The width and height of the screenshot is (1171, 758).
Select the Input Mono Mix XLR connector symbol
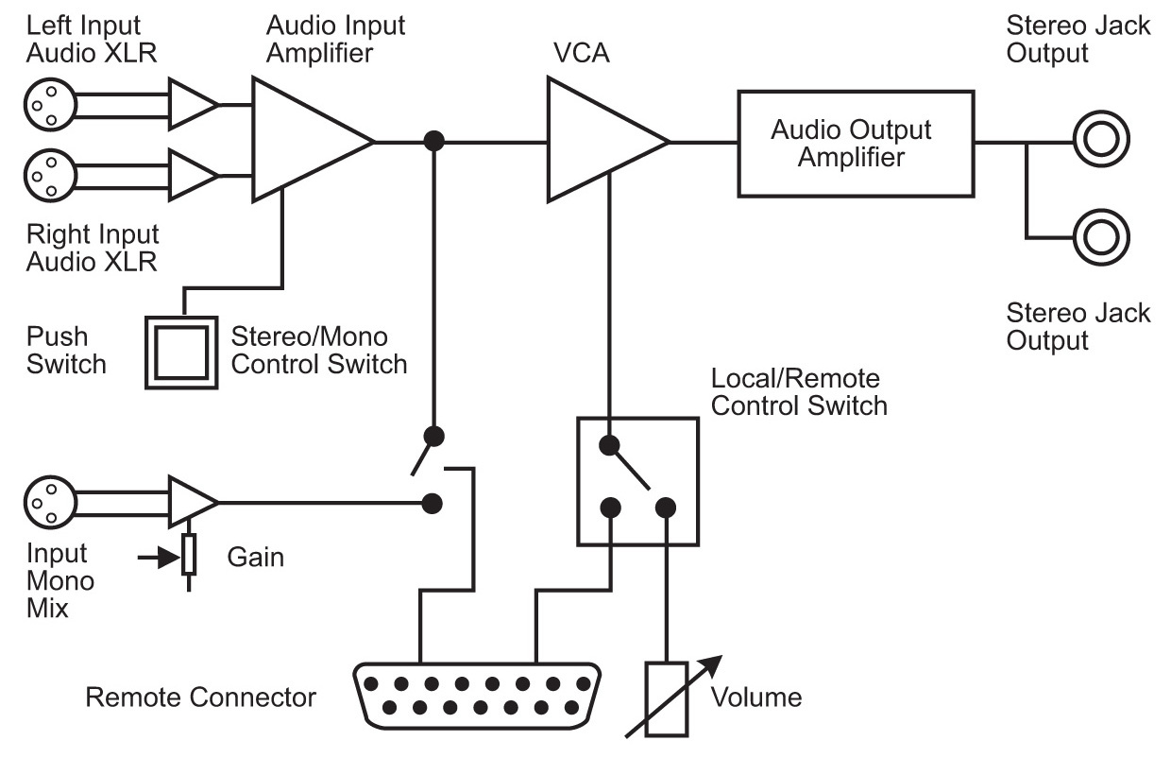click(44, 500)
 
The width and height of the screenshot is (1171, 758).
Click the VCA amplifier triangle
click(599, 141)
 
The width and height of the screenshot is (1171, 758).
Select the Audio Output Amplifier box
click(855, 144)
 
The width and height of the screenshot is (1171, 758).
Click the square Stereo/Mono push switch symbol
click(182, 350)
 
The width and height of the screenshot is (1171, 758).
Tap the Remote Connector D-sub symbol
click(478, 694)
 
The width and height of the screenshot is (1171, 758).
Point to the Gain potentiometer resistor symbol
click(190, 554)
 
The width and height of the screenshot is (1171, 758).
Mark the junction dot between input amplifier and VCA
click(433, 141)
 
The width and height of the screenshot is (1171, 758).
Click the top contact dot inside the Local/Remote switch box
click(610, 443)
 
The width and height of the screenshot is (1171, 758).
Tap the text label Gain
click(255, 557)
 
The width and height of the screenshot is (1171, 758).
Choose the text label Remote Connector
click(200, 698)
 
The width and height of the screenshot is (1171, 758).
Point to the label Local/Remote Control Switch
click(799, 392)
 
